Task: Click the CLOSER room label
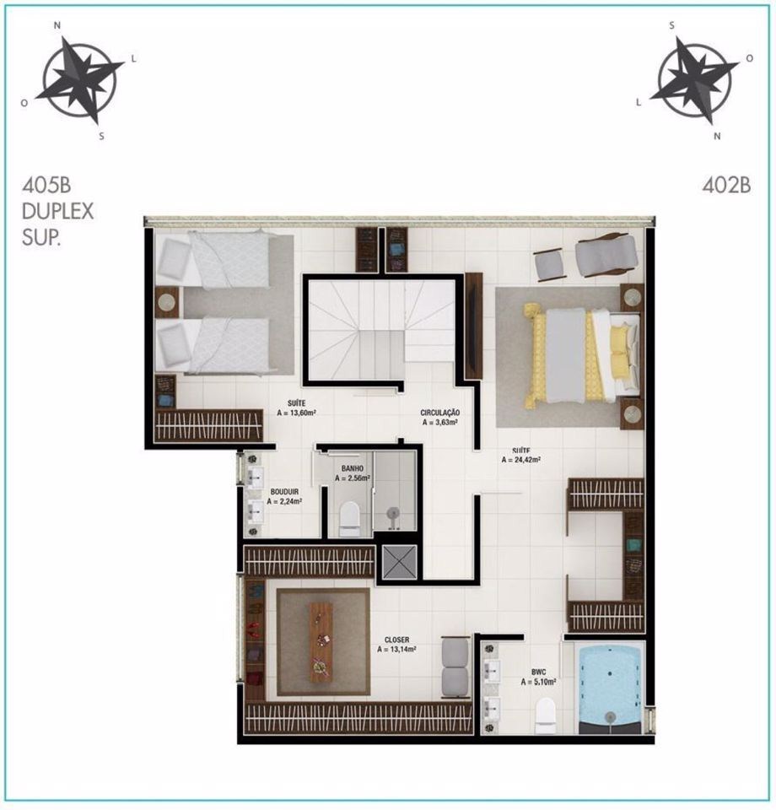[x=396, y=640]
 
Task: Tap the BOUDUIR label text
[x=284, y=492]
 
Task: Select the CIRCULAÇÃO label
[x=440, y=413]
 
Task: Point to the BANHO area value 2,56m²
[x=352, y=478]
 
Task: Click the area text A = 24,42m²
[x=521, y=459]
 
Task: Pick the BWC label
[x=538, y=672]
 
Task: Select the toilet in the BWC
[x=546, y=715]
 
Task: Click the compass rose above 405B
[x=80, y=81]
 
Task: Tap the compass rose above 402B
[x=694, y=81]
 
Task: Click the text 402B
[x=726, y=186]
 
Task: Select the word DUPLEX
[x=58, y=211]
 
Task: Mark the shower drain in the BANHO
[x=393, y=514]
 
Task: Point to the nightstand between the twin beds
[x=167, y=302]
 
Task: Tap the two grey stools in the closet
[x=455, y=667]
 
